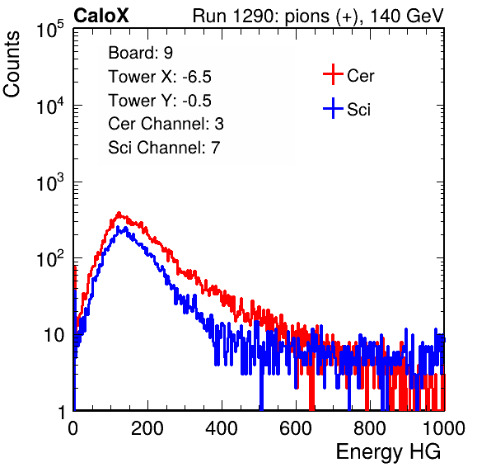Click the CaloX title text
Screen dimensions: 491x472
pyautogui.click(x=101, y=16)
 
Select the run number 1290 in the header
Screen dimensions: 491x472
pyautogui.click(x=254, y=16)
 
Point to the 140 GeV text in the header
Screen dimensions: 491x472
pyautogui.click(x=407, y=16)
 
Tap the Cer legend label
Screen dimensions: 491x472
pyautogui.click(x=360, y=76)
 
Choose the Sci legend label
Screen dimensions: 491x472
pyautogui.click(x=359, y=110)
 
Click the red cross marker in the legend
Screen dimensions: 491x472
pyautogui.click(x=333, y=74)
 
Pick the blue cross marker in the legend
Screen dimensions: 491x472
pyautogui.click(x=333, y=108)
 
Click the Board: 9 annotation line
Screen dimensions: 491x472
pyautogui.click(x=140, y=53)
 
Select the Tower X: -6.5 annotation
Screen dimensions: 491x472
pyautogui.click(x=160, y=77)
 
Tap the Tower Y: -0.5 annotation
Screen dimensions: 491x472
pyautogui.click(x=160, y=101)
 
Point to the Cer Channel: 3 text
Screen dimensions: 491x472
pyautogui.click(x=166, y=124)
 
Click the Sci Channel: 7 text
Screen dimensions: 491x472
pyautogui.click(x=164, y=148)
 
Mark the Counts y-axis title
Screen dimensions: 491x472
pyautogui.click(x=12, y=64)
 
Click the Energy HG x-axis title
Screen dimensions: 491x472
pyautogui.click(x=388, y=452)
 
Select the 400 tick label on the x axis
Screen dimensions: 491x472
pyautogui.click(x=222, y=428)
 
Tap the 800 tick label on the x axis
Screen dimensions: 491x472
pyautogui.click(x=370, y=428)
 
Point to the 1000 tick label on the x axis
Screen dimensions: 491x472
pyautogui.click(x=444, y=428)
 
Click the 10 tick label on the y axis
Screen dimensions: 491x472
pyautogui.click(x=54, y=335)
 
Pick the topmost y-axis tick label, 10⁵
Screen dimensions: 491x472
pyautogui.click(x=50, y=29)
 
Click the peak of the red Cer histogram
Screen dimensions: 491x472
pyautogui.click(x=119, y=213)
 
